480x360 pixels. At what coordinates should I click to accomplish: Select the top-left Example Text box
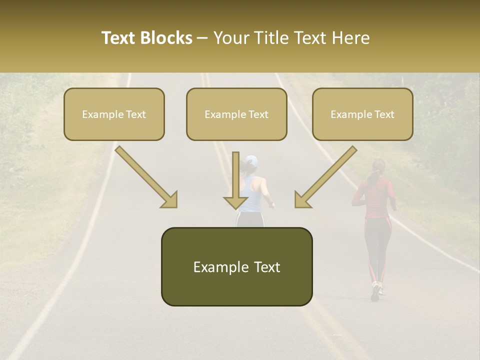pos(114,114)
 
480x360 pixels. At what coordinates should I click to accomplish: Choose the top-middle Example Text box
pos(236,114)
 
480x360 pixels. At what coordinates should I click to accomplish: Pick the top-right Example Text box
pos(362,114)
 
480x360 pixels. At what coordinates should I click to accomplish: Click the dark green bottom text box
pos(236,266)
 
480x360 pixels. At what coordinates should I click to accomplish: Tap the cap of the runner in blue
pos(251,161)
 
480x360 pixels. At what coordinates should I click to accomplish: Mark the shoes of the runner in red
pos(376,290)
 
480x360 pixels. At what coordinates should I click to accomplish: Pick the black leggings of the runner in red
pos(377,245)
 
